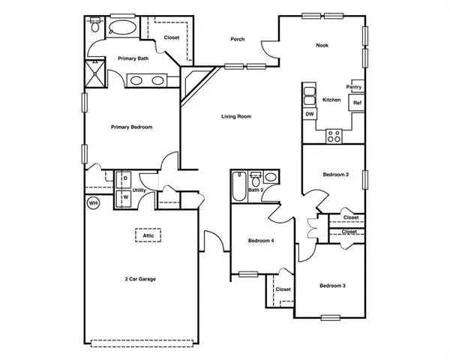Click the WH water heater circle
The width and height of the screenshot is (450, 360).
coord(93,203)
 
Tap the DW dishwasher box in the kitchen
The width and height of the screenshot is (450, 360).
coord(310,114)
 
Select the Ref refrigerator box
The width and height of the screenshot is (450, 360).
coord(357,103)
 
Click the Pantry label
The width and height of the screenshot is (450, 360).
coord(353,87)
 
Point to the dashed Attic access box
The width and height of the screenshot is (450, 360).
coord(148,235)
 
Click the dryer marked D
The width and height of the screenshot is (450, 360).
coord(124,180)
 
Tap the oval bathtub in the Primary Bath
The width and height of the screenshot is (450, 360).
coord(122,28)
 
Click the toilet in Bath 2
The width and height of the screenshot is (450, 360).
coord(256,180)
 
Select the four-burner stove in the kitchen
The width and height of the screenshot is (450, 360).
coord(334,136)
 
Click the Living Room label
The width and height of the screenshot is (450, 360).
coord(236,116)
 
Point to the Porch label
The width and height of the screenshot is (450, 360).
coord(238,39)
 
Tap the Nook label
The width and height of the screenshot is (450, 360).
coord(322,45)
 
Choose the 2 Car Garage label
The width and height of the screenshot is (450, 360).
coord(140,279)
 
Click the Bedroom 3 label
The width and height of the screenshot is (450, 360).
coord(332,286)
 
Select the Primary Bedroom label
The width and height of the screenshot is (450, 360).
coord(132,127)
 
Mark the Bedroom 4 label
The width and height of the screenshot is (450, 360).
coord(261,241)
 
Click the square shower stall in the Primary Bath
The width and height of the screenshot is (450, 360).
coord(95,73)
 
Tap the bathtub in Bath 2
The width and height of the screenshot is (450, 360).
coord(239,187)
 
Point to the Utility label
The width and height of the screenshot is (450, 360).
coord(139,190)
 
